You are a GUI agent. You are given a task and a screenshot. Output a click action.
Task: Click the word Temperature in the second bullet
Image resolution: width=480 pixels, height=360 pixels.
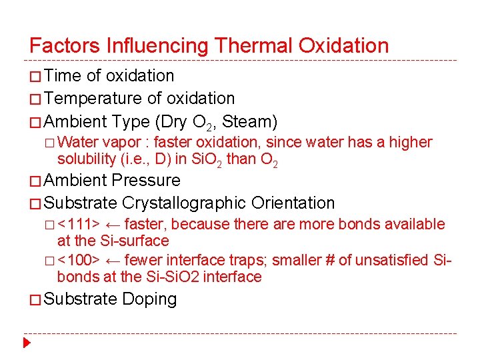94,99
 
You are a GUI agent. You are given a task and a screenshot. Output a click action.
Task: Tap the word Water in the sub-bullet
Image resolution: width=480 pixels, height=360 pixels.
79,143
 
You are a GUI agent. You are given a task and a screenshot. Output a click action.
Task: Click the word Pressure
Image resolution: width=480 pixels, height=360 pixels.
146,180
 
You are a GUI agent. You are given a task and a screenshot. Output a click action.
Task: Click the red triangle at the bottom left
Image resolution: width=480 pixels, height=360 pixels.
26,344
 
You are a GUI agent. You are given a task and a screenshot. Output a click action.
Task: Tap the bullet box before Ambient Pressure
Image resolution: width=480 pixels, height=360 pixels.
35,181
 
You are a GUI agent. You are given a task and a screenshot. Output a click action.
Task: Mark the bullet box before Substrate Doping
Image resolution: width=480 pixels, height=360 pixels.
35,300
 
